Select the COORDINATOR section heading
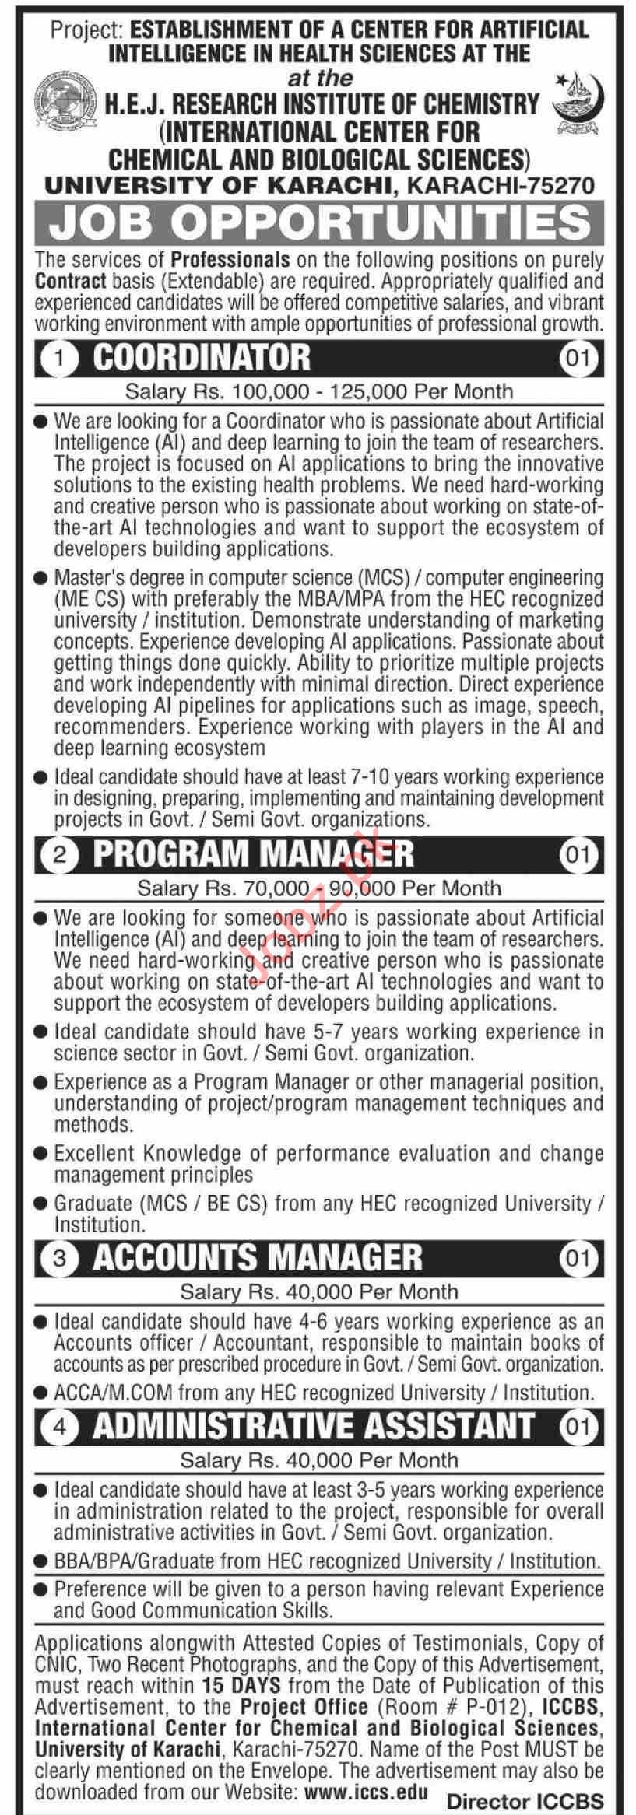(201, 359)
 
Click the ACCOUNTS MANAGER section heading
(257, 1257)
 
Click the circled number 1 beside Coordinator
(61, 360)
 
